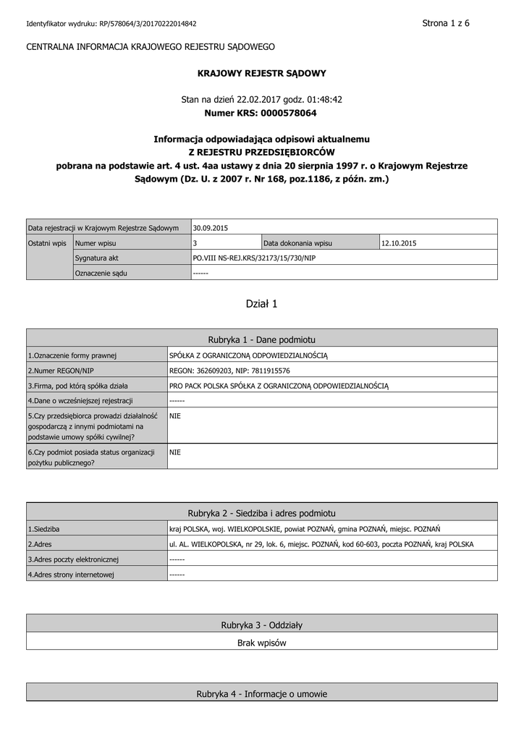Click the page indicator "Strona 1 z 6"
446,23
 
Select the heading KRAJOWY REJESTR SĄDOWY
262,73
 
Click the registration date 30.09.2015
211,228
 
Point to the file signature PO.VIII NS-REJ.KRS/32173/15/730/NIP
254,258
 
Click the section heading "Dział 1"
262,304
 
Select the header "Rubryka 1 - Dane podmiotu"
262,339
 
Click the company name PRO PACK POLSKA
279,385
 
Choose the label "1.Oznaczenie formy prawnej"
72,355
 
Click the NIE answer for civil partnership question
174,416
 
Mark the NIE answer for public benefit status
174,452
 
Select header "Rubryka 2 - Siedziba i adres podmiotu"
262,512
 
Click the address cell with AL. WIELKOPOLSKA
321,543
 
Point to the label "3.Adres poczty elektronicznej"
73,559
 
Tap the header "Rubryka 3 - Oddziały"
262,624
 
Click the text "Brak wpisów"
262,642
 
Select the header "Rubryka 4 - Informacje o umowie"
262,694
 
